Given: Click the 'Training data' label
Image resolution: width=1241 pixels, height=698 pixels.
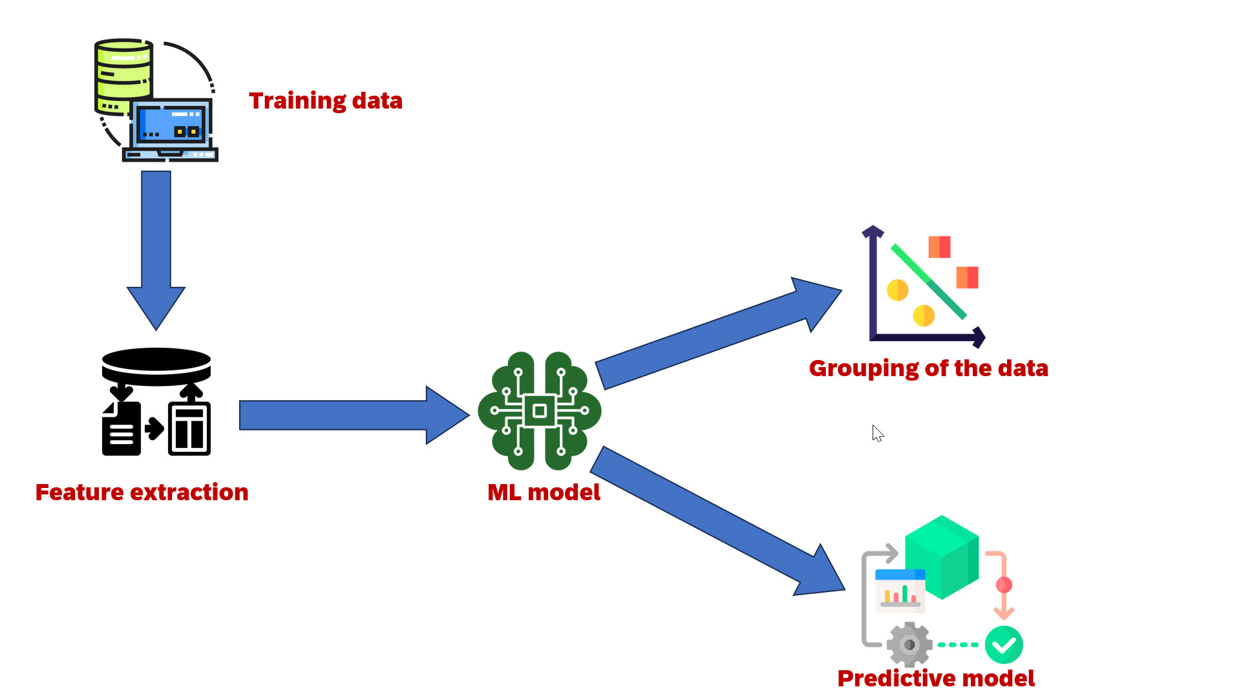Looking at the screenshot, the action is pos(326,101).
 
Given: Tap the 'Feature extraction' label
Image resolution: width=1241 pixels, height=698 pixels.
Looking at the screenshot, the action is pos(142,492).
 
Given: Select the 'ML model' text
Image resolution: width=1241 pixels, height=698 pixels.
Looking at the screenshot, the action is pos(544,492).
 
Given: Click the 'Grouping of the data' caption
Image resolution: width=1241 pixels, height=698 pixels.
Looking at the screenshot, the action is pos(928,368).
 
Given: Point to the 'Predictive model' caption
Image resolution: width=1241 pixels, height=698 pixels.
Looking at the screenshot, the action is pos(936,679).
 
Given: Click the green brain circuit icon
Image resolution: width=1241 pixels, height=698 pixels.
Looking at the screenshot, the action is pos(540,411).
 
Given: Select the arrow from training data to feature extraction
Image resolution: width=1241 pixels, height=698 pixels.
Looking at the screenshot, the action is pos(156,251).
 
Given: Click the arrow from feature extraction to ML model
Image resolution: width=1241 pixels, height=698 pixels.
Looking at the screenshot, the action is pos(354,415).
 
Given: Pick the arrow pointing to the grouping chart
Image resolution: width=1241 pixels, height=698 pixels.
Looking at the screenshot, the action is pos(718,333).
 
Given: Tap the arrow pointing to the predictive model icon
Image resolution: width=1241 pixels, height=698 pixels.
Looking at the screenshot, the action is pos(717,521).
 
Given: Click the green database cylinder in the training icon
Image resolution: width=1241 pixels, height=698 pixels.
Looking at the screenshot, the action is pos(123,76).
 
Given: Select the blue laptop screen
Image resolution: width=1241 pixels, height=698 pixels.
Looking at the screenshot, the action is pos(171,124).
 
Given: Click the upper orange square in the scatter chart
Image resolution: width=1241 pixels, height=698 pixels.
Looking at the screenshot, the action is pos(939,247).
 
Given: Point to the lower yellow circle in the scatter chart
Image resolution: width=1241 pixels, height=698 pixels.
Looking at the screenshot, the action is pos(924,315).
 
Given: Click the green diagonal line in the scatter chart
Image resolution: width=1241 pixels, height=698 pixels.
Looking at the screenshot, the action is pos(928,281).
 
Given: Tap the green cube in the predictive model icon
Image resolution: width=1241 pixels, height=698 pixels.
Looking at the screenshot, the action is pos(942,557).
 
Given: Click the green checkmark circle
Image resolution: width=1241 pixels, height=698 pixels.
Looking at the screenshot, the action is pos(1004,644).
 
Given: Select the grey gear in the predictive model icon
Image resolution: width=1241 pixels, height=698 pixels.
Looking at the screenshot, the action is pos(909,644).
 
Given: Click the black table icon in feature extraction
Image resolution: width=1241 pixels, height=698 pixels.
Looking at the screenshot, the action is pos(189,429).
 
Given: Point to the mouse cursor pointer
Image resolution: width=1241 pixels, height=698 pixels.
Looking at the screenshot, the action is pos(877,433).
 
